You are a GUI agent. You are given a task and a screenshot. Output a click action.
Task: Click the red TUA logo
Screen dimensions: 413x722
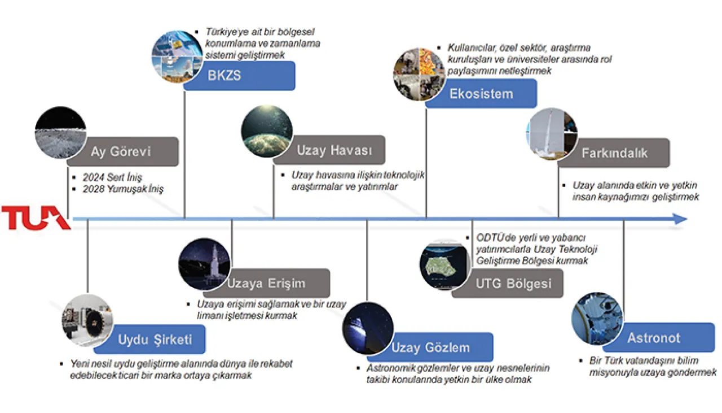(x=35, y=218)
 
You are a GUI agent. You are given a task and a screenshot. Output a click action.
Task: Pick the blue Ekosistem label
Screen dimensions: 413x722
(x=481, y=93)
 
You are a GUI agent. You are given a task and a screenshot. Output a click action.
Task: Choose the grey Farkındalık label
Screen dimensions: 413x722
(x=614, y=153)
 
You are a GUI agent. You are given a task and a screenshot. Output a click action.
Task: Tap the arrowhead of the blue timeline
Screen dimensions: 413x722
(x=681, y=219)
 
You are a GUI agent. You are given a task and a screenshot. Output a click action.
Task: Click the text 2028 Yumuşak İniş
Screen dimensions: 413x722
(x=123, y=189)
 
